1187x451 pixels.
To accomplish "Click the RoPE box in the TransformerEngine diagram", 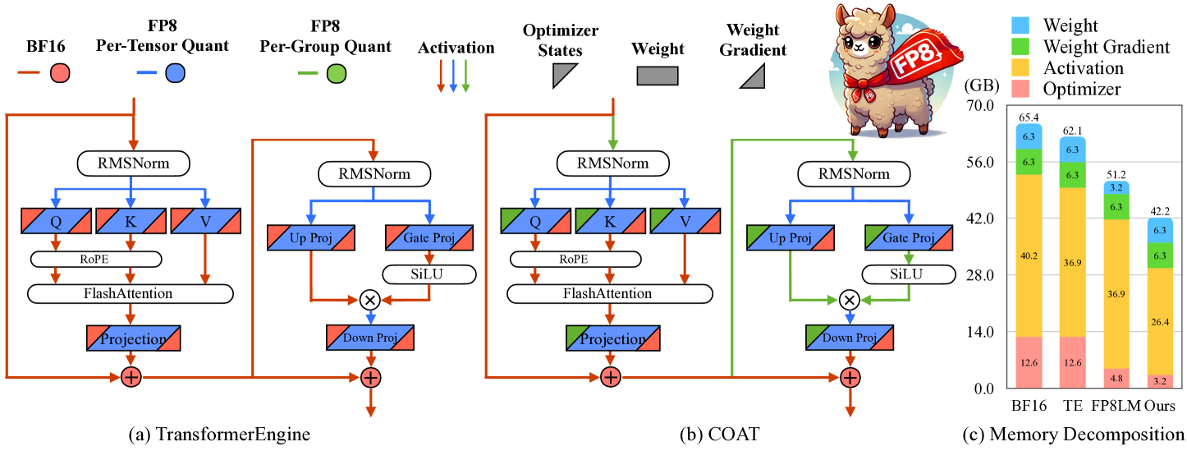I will pyautogui.click(x=95, y=259).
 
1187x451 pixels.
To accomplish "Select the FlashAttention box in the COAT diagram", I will pyautogui.click(x=607, y=292).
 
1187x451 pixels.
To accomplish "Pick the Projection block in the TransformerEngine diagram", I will pyautogui.click(x=133, y=339).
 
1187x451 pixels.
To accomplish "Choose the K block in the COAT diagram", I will pyautogui.click(x=609, y=220).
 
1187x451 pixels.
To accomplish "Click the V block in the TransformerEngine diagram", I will pyautogui.click(x=205, y=220).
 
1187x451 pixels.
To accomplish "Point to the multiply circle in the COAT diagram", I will pyautogui.click(x=850, y=300).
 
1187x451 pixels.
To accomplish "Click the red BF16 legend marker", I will pyautogui.click(x=58, y=74).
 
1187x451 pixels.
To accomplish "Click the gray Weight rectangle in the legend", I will pyautogui.click(x=657, y=76).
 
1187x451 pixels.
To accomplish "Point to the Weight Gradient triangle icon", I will pyautogui.click(x=754, y=76).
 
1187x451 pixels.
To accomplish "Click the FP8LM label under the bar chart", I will pyautogui.click(x=1112, y=407).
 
